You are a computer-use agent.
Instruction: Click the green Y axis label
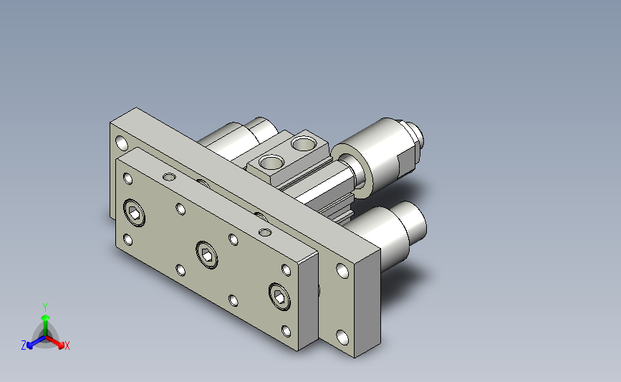(x=45, y=307)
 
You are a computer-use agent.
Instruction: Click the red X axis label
(x=67, y=345)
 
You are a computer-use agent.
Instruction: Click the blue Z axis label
(x=24, y=345)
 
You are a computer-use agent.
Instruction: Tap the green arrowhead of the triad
(x=45, y=317)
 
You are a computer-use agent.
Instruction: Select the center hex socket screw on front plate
(x=207, y=255)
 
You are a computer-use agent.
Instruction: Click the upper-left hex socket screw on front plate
(x=134, y=213)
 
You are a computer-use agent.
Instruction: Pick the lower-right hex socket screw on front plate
(x=279, y=297)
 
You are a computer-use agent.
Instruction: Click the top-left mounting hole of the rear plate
(x=122, y=143)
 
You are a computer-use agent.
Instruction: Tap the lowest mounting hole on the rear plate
(x=342, y=338)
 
